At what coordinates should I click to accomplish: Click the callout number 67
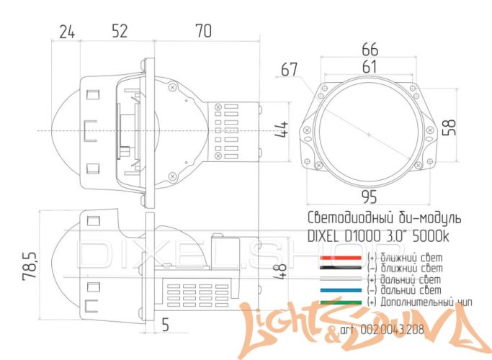point(290,70)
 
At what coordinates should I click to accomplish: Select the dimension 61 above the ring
point(370,66)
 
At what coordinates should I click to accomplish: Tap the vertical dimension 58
point(449,127)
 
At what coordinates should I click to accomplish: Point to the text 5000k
point(437,235)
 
